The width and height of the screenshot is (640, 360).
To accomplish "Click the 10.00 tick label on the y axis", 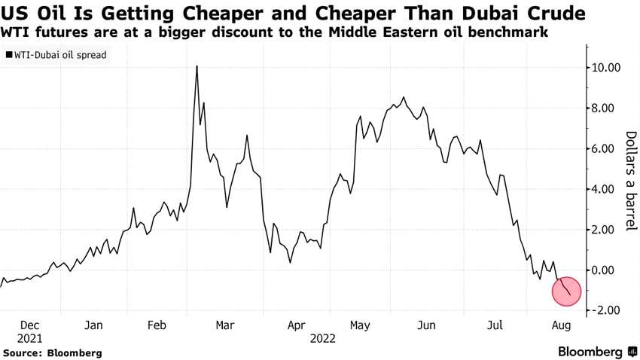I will point(606,68).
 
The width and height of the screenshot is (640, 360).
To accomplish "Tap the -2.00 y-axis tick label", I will point(606,310).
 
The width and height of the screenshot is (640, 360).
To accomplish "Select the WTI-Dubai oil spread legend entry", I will point(56,56).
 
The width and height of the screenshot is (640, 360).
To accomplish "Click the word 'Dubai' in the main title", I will point(492,14).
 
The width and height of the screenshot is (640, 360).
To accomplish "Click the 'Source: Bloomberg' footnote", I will point(52,352).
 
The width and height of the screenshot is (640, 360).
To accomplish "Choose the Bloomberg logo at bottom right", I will point(591,352).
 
